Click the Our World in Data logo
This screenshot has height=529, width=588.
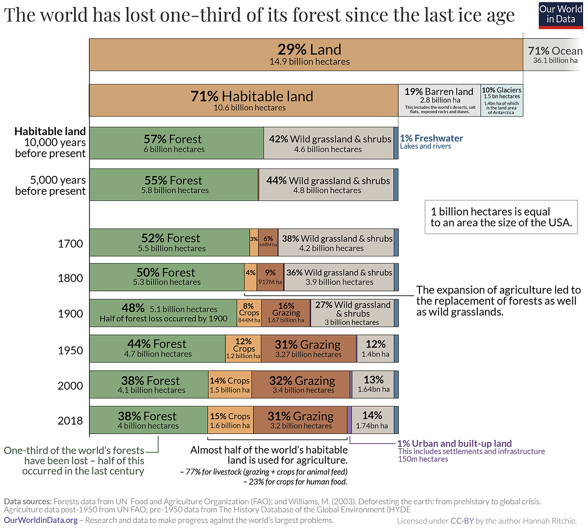point(560,14)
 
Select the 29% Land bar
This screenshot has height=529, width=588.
point(306,54)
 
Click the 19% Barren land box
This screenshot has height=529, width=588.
point(439,100)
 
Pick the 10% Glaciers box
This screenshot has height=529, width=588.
point(502,100)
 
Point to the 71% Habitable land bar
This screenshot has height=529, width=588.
point(244,100)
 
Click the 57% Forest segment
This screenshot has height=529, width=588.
point(176,143)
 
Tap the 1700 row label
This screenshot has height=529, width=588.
point(71,243)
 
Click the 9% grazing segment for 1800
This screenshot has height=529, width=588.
point(270,277)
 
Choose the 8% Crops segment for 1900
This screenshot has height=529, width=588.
point(249,313)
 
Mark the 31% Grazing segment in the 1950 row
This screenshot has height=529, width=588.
point(308,348)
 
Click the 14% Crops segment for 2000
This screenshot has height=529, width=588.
point(230,385)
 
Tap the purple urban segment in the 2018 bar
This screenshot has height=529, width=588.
point(349,420)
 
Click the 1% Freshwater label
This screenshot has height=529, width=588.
point(431,138)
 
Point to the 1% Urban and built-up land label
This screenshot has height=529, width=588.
point(454,443)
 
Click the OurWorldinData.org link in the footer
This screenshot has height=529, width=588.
point(41,520)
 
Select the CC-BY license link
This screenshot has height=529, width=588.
point(462,521)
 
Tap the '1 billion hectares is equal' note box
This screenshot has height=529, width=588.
point(501,217)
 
